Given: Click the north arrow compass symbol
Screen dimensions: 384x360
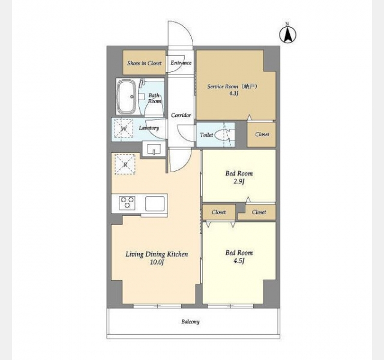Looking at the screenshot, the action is tap(288, 34).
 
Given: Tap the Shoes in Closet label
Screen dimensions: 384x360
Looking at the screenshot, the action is tap(144, 63).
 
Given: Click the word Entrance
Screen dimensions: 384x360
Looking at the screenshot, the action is tap(181, 62).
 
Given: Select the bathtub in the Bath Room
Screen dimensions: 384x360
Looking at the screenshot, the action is tap(127, 97).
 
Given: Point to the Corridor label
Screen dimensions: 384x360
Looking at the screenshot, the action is tap(181, 115).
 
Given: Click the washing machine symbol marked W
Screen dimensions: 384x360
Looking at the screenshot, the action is tap(124, 128).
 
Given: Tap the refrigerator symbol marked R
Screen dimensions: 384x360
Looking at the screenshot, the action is tap(125, 164).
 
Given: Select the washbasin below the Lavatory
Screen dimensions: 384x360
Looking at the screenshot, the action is tap(154, 149).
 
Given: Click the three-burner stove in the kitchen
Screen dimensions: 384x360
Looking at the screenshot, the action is tap(127, 203).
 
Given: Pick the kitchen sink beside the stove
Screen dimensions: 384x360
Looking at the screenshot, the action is tap(155, 203).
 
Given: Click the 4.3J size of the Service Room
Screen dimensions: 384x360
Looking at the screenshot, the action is tap(234, 94).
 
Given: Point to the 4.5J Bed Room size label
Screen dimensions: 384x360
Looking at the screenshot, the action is tap(239, 261).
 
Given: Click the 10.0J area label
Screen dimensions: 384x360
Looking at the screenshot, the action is tap(157, 262).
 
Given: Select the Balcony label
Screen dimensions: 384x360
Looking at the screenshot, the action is tap(190, 322).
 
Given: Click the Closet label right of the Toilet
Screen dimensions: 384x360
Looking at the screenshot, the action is tap(262, 134).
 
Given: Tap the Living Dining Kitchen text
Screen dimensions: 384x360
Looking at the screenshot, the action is tap(157, 254).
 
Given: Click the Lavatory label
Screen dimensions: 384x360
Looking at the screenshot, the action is tap(149, 128).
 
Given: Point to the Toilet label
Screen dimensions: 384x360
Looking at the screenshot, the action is tap(206, 134).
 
